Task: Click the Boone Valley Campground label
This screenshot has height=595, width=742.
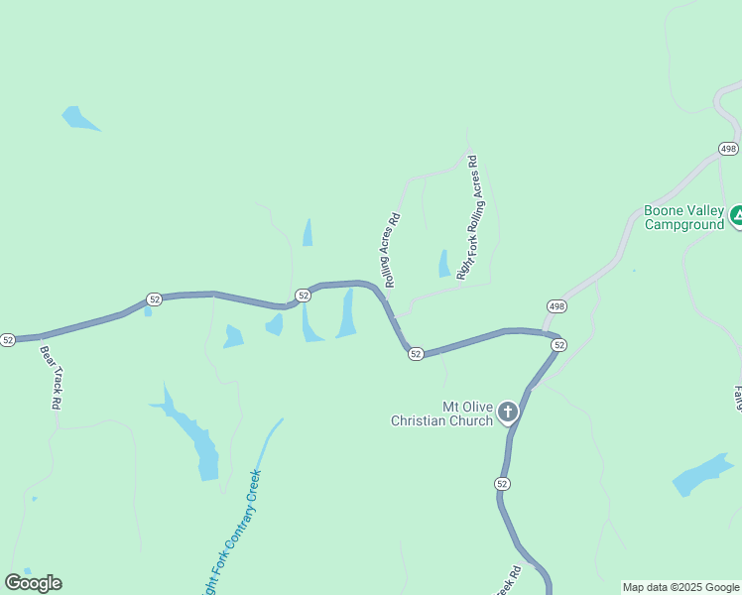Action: [683, 217]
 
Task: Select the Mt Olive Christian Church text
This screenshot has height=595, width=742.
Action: [441, 414]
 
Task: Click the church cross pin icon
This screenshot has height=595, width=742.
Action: [508, 412]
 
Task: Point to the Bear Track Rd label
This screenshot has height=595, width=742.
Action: [51, 377]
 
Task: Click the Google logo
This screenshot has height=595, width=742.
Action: [33, 583]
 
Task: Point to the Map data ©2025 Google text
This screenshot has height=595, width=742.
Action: [680, 587]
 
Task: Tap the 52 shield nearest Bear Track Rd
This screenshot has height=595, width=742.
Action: [8, 340]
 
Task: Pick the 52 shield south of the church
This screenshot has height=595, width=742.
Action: [503, 483]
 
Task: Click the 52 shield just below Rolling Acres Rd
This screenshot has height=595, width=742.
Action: [416, 354]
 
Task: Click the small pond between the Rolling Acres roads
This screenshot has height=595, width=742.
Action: [443, 264]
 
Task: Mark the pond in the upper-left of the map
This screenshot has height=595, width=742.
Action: [77, 118]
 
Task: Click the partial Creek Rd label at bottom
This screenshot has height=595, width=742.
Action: [511, 581]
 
